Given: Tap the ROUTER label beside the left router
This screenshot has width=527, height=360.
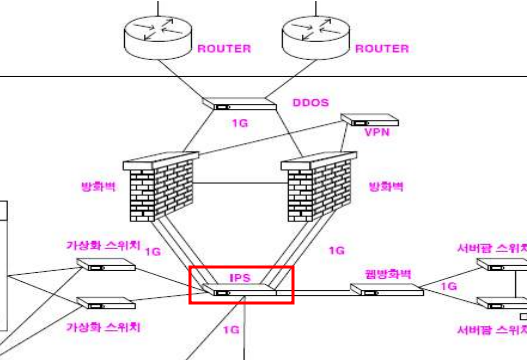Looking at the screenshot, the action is pos(224,48).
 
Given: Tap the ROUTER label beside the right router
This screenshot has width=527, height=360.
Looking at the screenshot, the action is pos(382,48).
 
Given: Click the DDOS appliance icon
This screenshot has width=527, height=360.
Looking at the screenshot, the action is pos(238,102).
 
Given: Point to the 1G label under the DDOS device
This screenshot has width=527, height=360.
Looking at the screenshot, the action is pos(239,124).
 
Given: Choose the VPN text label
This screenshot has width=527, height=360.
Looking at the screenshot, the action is pos(376,132).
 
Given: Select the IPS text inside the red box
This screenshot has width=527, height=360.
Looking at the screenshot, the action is pos(240,276).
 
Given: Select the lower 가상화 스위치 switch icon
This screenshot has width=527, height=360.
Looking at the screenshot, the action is pos(106,303).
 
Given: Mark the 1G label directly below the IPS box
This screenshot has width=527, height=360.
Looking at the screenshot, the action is pos(231,329).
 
